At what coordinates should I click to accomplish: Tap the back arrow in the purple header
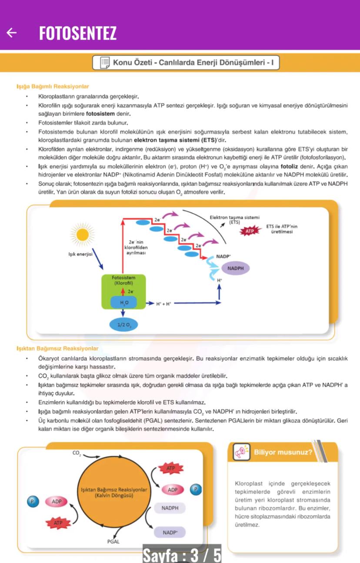click(x=12, y=33)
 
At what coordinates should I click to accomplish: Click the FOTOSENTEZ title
click(x=78, y=33)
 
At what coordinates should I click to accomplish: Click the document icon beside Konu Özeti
click(x=104, y=63)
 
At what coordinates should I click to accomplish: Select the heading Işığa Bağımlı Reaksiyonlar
click(x=53, y=87)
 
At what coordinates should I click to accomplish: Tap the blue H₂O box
click(x=124, y=302)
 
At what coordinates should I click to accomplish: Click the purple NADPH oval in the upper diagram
click(x=235, y=268)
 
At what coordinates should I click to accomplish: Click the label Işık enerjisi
click(x=80, y=255)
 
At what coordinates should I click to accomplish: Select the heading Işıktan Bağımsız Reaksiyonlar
click(x=57, y=349)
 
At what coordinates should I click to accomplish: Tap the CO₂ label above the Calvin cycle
click(x=77, y=453)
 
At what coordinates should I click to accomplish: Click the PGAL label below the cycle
click(x=113, y=542)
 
